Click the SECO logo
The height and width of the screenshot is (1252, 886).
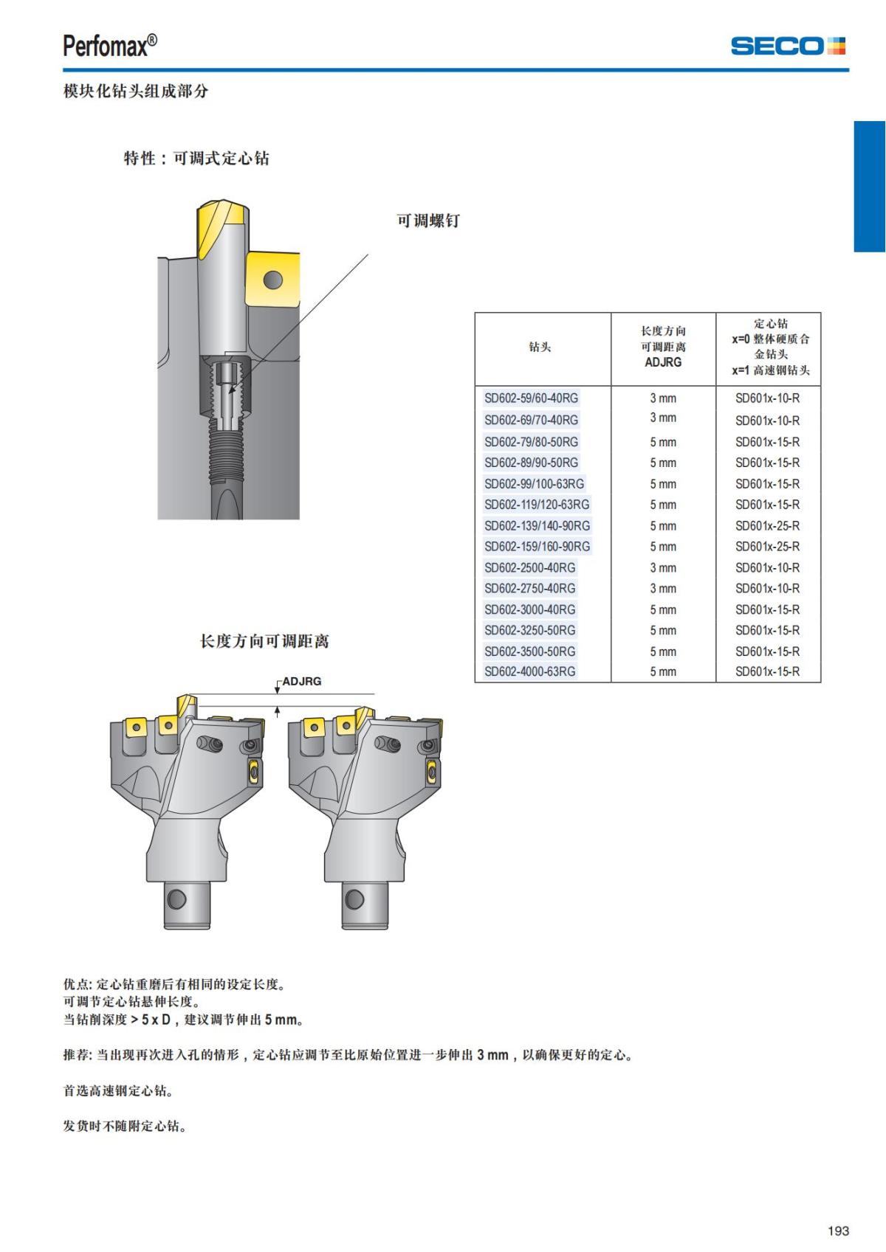787,46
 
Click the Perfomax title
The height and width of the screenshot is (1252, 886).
110,46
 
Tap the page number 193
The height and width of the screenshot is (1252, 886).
838,1231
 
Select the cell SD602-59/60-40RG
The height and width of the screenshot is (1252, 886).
531,398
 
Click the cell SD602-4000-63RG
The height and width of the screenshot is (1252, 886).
529,671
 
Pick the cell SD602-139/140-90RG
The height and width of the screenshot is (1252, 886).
537,526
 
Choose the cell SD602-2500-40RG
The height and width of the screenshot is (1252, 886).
529,567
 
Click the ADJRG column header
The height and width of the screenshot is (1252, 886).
663,347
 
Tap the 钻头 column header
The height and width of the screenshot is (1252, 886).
540,347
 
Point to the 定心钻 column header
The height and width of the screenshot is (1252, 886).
770,347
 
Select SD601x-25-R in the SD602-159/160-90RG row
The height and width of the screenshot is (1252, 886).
767,547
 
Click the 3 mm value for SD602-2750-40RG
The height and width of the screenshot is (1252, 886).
663,588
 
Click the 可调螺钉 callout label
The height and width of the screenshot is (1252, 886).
428,221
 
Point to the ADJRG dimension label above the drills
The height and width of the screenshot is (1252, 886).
302,681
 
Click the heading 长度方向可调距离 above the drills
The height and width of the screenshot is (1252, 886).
264,641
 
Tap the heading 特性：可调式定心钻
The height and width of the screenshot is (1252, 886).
196,158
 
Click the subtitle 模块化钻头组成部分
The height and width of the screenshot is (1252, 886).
136,91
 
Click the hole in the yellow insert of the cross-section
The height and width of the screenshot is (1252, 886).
273,280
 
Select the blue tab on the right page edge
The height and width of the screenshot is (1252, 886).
869,186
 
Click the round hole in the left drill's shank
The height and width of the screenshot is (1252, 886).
177,899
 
